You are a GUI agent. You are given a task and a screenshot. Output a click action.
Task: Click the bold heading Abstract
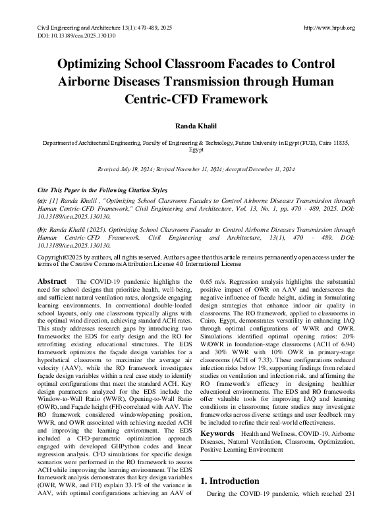[x=52, y=281]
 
